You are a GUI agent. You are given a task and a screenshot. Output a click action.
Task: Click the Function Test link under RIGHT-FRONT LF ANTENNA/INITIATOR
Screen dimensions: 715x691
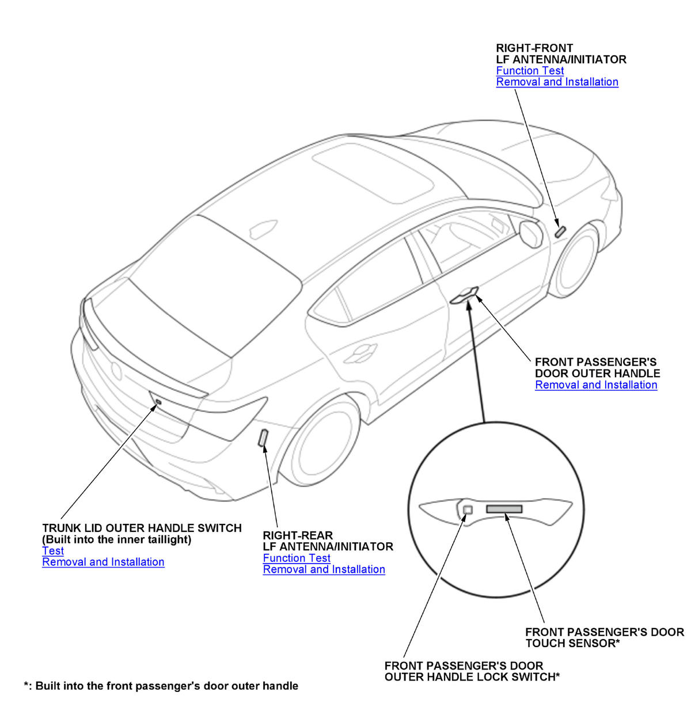coord(530,71)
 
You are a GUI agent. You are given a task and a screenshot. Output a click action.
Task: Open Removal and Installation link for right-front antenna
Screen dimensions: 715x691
coord(557,82)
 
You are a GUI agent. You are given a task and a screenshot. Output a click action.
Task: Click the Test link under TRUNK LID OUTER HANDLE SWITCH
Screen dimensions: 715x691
coord(53,551)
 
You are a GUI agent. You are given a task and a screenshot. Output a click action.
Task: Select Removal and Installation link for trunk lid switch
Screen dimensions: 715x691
coord(103,562)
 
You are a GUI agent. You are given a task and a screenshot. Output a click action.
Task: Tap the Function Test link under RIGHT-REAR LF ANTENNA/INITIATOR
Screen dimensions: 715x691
coord(297,558)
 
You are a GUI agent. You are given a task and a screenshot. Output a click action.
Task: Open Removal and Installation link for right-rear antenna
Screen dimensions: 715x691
coord(324,569)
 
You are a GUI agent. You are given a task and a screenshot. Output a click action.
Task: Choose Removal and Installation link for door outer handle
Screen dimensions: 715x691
coord(596,385)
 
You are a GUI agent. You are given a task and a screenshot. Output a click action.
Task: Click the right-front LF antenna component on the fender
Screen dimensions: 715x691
coord(560,231)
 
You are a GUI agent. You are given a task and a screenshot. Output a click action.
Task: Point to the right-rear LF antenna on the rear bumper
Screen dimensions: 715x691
coord(263,438)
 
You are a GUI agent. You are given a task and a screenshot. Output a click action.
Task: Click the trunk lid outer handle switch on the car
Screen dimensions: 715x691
coord(158,401)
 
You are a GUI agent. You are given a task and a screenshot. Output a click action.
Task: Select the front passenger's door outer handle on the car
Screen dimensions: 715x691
coord(464,296)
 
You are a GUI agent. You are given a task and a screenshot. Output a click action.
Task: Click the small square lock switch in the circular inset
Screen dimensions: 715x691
coord(468,509)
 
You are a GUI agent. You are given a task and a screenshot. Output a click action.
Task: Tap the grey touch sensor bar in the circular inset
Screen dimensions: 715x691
coord(504,509)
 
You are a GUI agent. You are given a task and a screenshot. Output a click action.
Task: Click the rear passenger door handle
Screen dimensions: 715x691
coord(360,353)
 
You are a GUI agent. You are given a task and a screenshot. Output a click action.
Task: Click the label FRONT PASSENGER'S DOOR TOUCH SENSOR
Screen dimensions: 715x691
coord(605,637)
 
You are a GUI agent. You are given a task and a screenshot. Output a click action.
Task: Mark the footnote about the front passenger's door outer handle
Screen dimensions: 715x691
coord(161,686)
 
